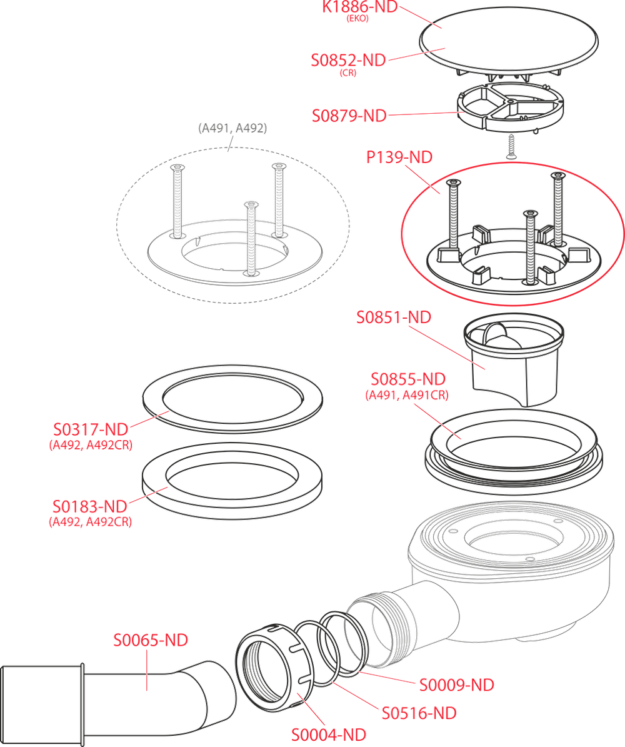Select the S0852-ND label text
tap(349, 60)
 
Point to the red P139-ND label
tap(399, 158)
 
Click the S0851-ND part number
tap(393, 318)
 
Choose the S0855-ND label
tap(407, 379)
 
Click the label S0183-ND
tap(89, 505)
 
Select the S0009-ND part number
tap(456, 684)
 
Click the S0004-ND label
tap(329, 733)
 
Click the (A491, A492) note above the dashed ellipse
tap(232, 128)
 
